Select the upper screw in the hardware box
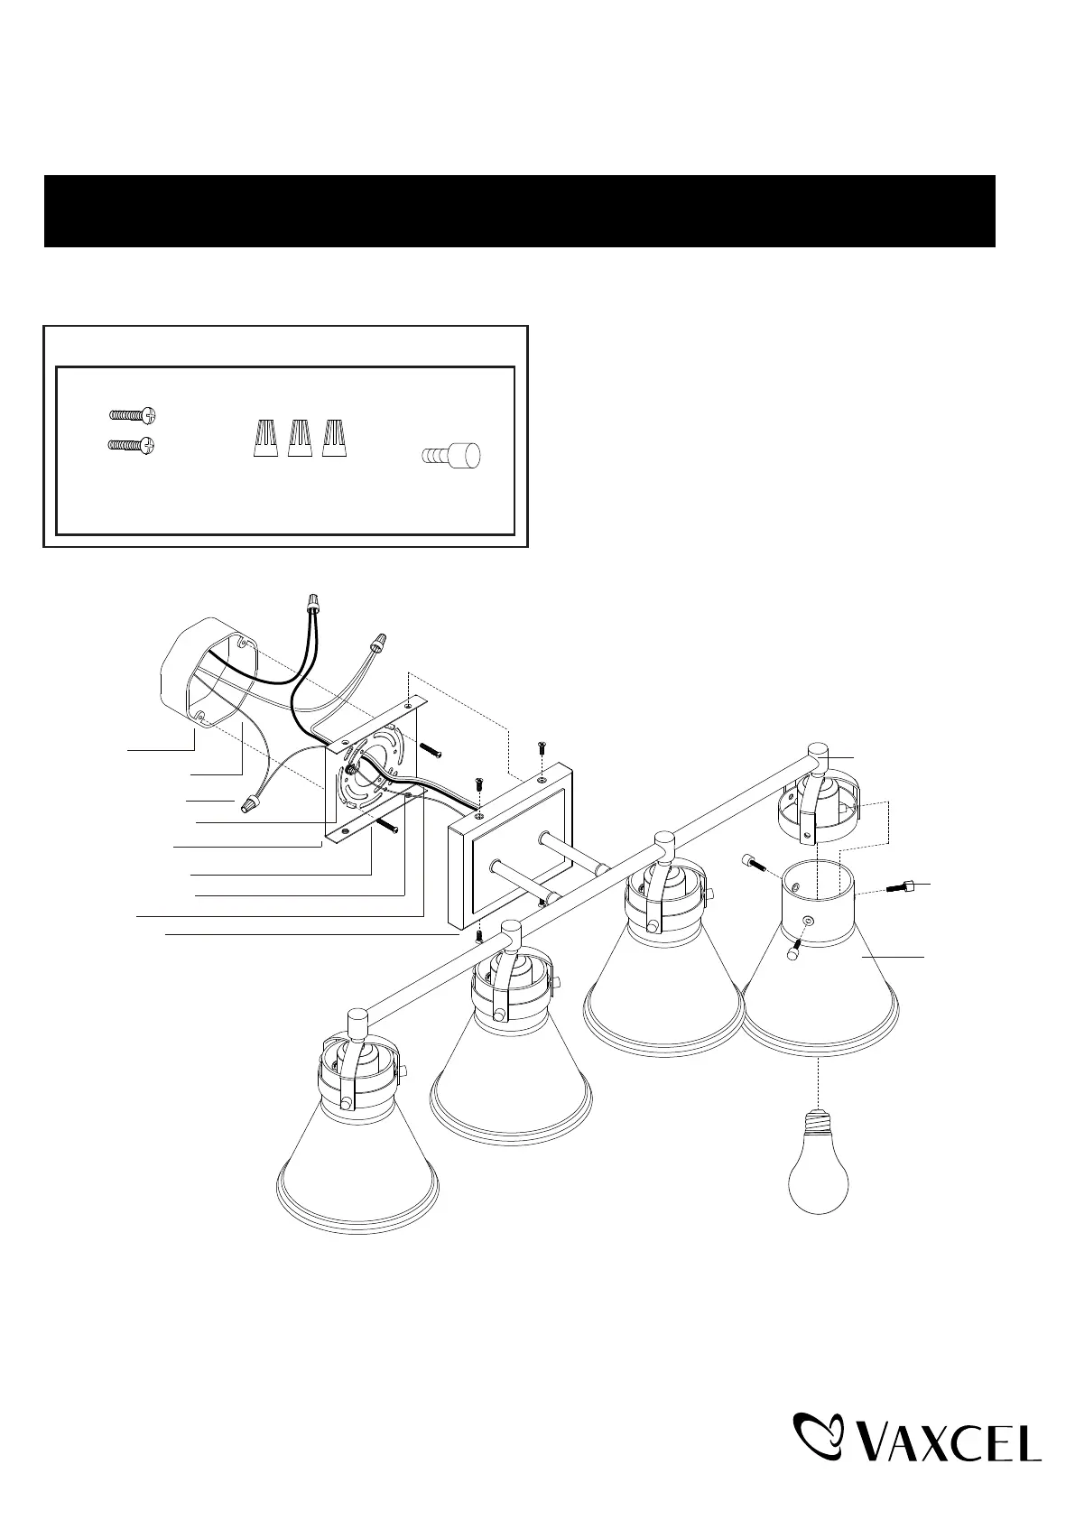click(x=133, y=413)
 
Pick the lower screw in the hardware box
click(x=132, y=445)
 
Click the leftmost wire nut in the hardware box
click(x=265, y=438)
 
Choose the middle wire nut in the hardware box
click(x=300, y=438)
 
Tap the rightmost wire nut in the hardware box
click(x=335, y=438)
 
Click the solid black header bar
click(x=519, y=211)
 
